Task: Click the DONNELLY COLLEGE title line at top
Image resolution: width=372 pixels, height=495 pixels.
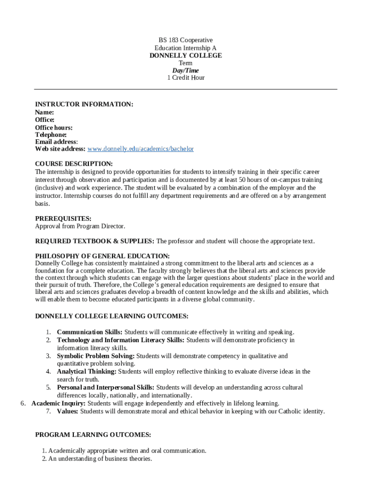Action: point(186,56)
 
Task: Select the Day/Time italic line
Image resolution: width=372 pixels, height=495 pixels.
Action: point(186,71)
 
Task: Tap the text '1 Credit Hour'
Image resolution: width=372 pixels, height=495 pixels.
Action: point(186,78)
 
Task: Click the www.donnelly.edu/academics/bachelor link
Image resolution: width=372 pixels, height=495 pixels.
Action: point(140,149)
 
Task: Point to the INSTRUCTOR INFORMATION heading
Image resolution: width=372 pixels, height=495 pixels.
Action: point(84,104)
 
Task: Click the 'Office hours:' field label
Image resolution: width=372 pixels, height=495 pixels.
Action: point(54,128)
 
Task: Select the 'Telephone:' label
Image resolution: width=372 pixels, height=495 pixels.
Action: point(51,135)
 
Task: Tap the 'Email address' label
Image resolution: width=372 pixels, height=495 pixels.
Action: point(56,142)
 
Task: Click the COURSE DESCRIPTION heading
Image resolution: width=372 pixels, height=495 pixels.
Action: point(74,164)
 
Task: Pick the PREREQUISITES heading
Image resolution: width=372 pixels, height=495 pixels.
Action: point(63,218)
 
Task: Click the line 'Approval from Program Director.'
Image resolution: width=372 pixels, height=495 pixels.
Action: point(80,226)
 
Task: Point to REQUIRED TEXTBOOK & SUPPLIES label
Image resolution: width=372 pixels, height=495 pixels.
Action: point(95,241)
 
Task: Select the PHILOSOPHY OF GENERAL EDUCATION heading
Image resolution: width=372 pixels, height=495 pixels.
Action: point(102,256)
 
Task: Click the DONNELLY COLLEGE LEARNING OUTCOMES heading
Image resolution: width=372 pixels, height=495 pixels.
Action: point(112,317)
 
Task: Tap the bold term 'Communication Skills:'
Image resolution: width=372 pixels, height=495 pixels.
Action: point(89,332)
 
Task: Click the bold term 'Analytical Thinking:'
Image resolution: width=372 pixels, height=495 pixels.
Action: point(86,372)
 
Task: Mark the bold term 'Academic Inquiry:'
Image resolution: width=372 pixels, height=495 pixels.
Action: point(58,403)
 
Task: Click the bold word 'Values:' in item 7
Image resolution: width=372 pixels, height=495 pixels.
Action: point(68,411)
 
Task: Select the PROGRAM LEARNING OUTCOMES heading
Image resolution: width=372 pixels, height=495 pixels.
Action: point(93,435)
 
